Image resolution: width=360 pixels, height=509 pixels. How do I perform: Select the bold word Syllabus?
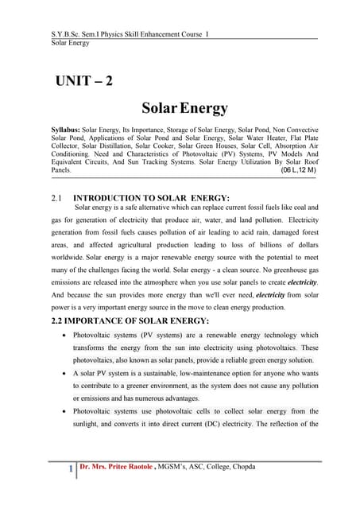64,129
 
